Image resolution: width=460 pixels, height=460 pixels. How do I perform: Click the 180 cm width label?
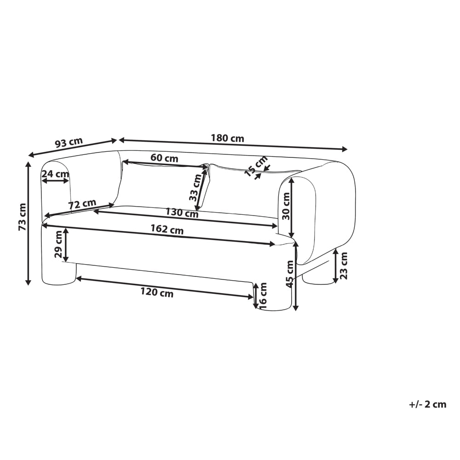[x=227, y=138]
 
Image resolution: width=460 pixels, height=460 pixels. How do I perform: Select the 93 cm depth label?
[x=69, y=143]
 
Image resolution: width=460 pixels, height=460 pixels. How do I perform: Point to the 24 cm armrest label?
[x=55, y=174]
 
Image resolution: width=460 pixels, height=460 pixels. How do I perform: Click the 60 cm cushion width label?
[x=164, y=158]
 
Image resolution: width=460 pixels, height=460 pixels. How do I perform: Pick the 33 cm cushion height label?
[x=195, y=187]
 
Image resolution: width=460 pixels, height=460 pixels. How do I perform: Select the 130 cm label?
[x=182, y=213]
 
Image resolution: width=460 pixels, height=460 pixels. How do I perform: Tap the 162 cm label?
[x=167, y=230]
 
